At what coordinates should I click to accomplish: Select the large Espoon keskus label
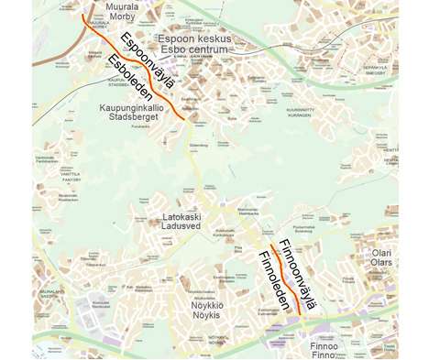pos(195,39)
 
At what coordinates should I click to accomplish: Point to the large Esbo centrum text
pos(195,51)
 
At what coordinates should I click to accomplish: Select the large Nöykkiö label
pos(207,303)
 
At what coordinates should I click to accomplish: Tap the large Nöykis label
pos(207,314)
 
